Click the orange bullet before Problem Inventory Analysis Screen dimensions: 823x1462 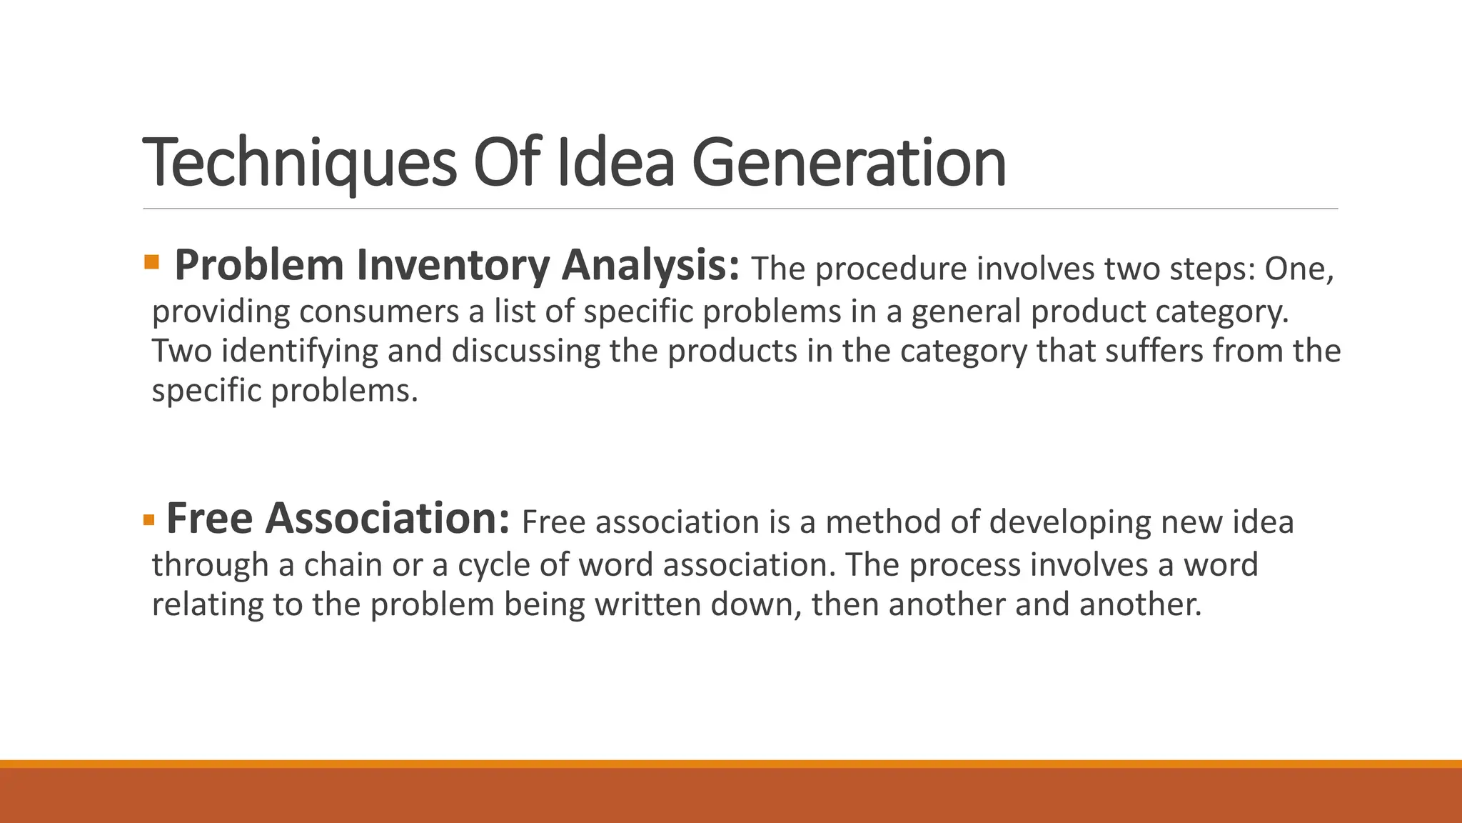(x=151, y=261)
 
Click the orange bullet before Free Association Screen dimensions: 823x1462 (x=148, y=519)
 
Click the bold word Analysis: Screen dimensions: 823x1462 (x=650, y=265)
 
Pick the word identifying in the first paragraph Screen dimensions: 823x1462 (x=299, y=351)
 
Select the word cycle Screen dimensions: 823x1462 (x=493, y=564)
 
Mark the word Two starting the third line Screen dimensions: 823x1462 (x=181, y=351)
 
